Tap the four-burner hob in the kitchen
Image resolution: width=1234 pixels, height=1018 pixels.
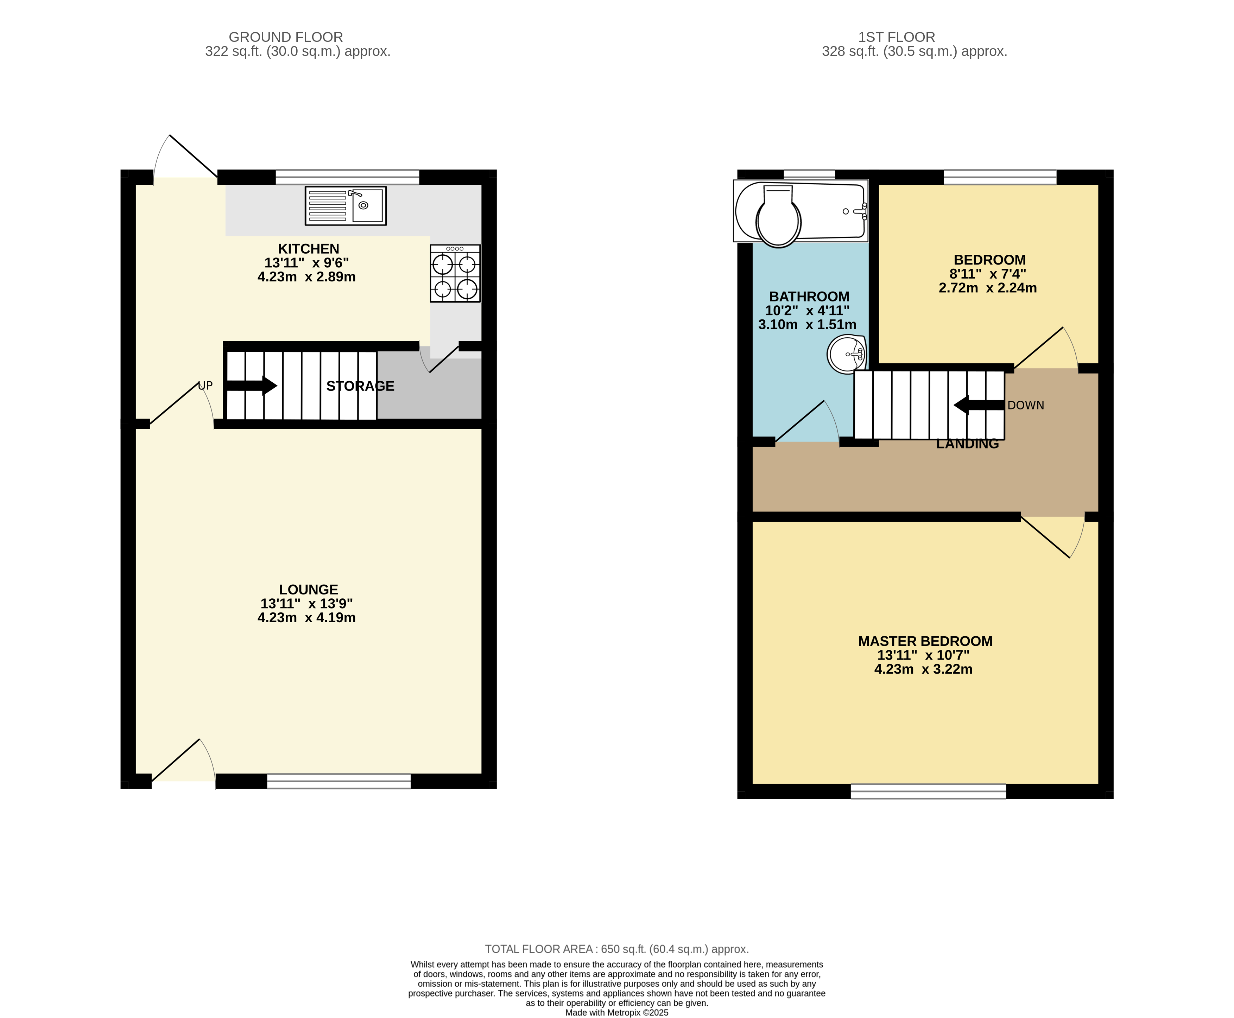455,273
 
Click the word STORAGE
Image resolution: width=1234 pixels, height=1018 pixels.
360,386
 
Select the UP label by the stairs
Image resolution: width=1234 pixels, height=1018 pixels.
205,385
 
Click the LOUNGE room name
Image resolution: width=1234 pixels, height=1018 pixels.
309,589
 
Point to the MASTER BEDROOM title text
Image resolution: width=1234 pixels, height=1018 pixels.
925,641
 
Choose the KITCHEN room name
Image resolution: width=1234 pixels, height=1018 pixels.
309,249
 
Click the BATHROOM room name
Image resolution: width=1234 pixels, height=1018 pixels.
809,297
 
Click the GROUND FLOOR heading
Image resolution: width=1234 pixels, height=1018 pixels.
286,37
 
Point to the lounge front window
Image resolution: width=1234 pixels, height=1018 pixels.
339,781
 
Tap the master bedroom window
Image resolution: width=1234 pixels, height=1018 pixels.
929,791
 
